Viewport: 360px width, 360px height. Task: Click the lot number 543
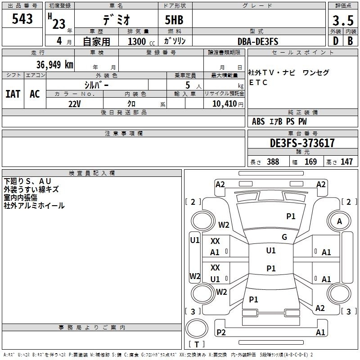coord(22,19)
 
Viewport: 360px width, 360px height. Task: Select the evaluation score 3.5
coord(342,21)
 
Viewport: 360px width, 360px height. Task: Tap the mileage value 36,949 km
coord(54,64)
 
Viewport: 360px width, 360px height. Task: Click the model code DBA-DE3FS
coord(258,41)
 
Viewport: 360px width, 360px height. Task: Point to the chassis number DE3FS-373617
coord(302,144)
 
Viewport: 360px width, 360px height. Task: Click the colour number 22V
coord(75,103)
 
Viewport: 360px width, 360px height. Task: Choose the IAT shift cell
coord(13,94)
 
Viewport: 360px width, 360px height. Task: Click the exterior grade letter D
coord(335,41)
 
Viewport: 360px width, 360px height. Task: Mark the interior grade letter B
coord(350,41)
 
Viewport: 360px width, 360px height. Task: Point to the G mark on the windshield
coord(284,237)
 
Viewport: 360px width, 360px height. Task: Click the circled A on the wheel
coord(340,221)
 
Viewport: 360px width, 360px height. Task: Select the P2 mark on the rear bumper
coord(221,332)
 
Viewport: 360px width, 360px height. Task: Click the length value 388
coord(273,162)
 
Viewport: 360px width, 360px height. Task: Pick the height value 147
coord(346,162)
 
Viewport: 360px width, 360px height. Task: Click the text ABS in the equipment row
coord(258,121)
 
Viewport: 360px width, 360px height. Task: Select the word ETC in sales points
coord(258,82)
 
